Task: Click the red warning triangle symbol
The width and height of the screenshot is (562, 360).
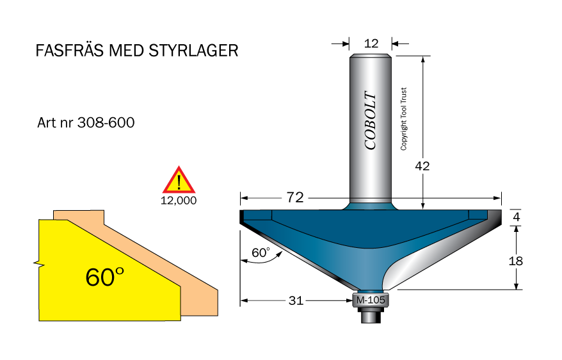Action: pyautogui.click(x=179, y=181)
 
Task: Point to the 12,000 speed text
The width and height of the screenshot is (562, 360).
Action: pyautogui.click(x=179, y=200)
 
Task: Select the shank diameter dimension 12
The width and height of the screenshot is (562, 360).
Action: pyautogui.click(x=371, y=44)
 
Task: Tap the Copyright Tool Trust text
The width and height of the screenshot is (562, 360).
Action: pyautogui.click(x=404, y=119)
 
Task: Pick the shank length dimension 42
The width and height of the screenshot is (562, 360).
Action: pyautogui.click(x=422, y=165)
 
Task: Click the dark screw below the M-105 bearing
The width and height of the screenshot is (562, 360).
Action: pyautogui.click(x=371, y=313)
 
